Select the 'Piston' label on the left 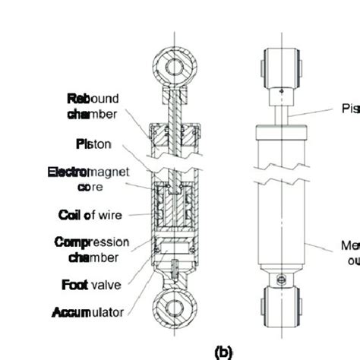(x=95, y=144)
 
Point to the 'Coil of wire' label (x=90, y=215)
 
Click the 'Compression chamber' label (x=92, y=250)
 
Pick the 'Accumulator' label (x=87, y=312)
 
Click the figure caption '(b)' (x=224, y=352)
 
